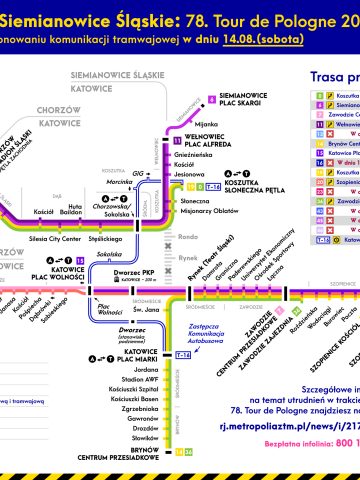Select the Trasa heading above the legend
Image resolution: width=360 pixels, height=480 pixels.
(x=329, y=77)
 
